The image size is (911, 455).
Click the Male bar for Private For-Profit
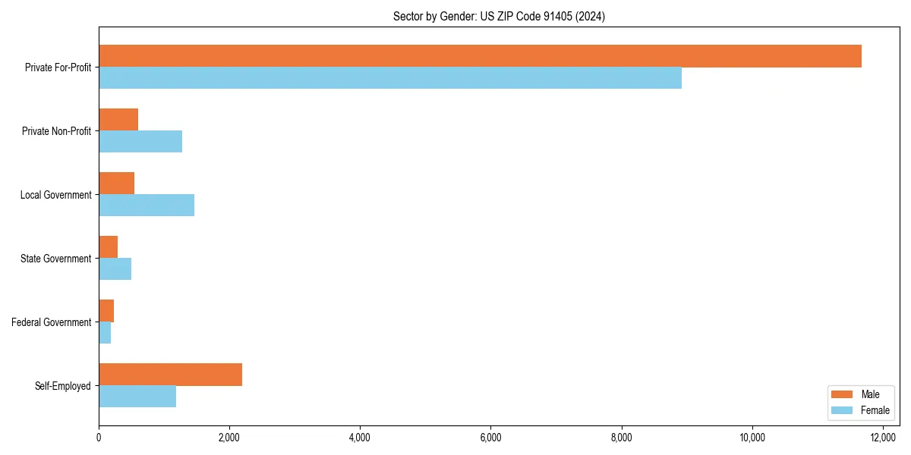click(x=480, y=56)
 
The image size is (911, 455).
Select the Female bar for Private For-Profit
click(x=390, y=78)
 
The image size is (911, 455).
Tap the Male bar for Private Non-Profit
click(x=118, y=120)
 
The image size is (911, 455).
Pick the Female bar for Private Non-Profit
click(x=140, y=142)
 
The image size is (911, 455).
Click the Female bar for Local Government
click(x=147, y=206)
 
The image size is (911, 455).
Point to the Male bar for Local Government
click(x=116, y=184)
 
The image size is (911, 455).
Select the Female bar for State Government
click(x=115, y=269)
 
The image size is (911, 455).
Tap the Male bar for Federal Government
click(x=106, y=311)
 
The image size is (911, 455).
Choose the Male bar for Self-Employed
click(x=170, y=375)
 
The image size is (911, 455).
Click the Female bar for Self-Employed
click(x=137, y=397)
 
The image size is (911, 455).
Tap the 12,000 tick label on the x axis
click(x=883, y=438)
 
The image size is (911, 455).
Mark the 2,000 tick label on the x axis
click(x=229, y=438)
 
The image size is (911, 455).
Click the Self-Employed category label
click(x=63, y=386)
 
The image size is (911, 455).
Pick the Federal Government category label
click(x=52, y=322)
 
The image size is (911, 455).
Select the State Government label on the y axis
click(x=56, y=259)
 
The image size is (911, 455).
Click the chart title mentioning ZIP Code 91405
click(x=499, y=16)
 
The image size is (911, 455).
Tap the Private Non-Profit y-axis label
click(x=56, y=131)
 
